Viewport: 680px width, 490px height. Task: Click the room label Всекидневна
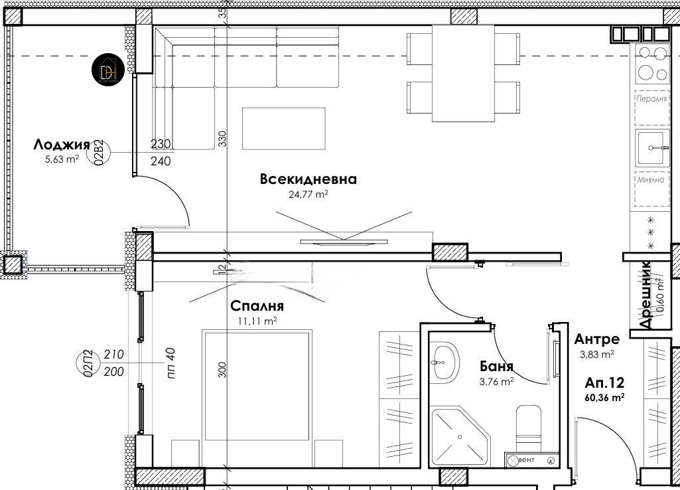point(308,179)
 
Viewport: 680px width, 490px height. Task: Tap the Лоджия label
point(61,145)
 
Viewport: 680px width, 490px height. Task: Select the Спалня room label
point(257,306)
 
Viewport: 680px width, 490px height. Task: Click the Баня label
point(496,367)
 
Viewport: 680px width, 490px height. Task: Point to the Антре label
point(597,339)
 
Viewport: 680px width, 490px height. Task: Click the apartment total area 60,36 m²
point(604,398)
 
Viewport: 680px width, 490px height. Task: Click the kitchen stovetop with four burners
point(652,64)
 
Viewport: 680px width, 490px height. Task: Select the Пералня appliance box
point(651,99)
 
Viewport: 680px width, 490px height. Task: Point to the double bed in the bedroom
point(257,392)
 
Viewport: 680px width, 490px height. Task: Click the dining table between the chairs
point(463,73)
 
